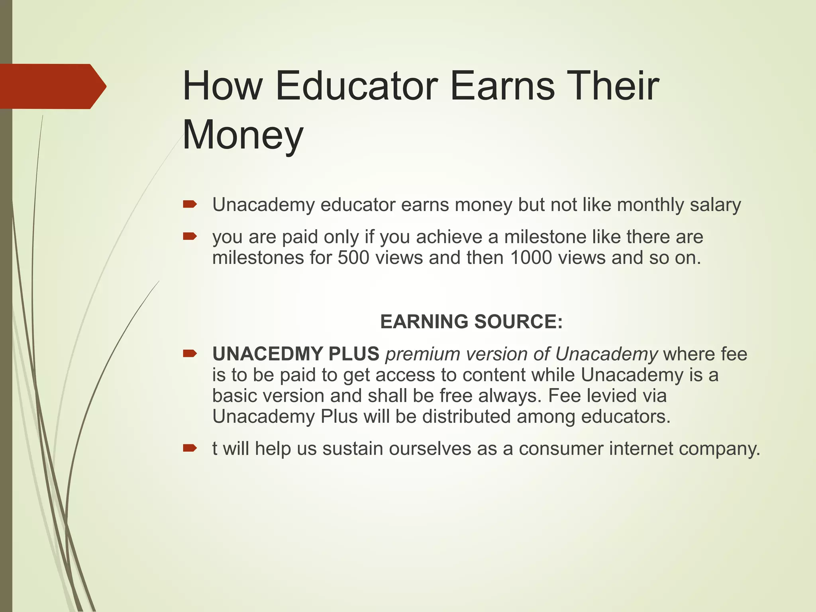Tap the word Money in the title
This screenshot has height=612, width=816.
[243, 135]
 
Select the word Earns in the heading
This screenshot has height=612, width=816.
[502, 86]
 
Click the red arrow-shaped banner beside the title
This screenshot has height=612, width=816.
[52, 86]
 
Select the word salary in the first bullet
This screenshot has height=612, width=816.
[715, 205]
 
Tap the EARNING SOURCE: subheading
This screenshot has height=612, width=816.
[471, 322]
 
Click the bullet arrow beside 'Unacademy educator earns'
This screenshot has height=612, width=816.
[190, 205]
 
